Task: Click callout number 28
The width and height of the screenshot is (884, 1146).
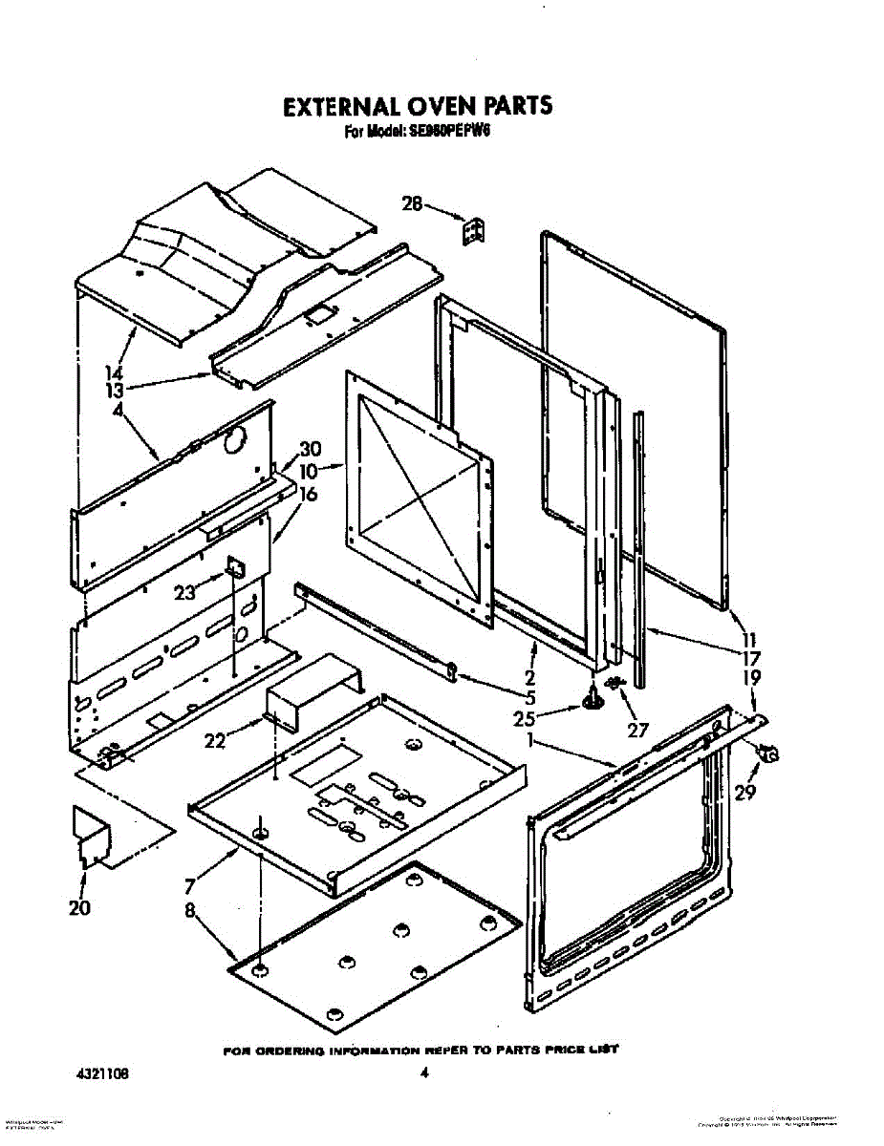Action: (x=412, y=203)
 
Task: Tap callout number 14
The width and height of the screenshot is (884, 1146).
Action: (x=115, y=373)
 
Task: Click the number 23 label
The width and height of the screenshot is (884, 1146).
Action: (x=184, y=592)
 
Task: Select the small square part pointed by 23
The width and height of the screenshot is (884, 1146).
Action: (x=233, y=570)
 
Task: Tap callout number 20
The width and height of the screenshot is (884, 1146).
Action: (x=79, y=907)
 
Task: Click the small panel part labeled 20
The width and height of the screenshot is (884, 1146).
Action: (x=92, y=838)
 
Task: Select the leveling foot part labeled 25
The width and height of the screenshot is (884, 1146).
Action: (x=592, y=702)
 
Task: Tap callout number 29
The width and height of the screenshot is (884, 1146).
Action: (x=744, y=791)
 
